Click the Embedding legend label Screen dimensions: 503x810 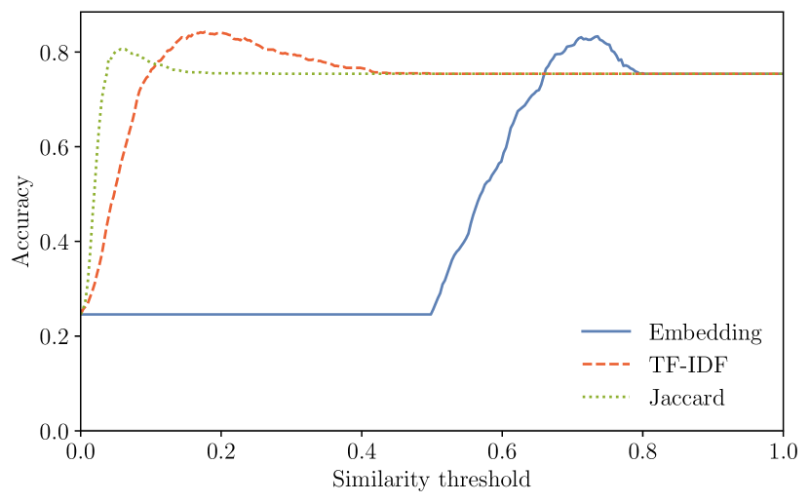(x=704, y=332)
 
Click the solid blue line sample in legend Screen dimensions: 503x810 (x=606, y=332)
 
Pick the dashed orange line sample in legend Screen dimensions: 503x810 (x=606, y=366)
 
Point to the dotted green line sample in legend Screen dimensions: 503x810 (x=606, y=398)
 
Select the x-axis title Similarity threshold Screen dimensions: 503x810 (x=431, y=481)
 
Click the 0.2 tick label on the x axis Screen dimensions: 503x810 (x=221, y=452)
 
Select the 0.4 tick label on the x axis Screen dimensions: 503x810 (x=362, y=452)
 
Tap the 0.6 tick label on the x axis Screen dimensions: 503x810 (x=502, y=452)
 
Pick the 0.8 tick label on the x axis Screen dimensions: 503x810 (x=642, y=452)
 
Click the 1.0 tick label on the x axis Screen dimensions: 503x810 (x=782, y=452)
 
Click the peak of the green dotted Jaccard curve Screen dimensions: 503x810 (x=121, y=48)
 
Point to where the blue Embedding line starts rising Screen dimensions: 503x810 (x=431, y=314)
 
